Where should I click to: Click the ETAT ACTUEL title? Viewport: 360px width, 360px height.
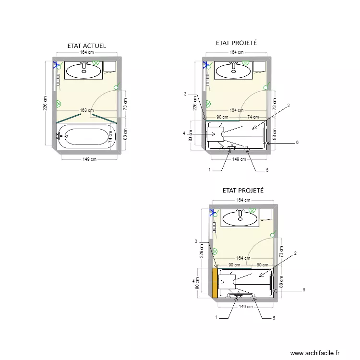87,46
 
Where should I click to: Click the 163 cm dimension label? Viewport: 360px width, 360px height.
87,110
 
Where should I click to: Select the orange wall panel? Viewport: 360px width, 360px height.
215,283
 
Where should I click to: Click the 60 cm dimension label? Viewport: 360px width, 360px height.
262,264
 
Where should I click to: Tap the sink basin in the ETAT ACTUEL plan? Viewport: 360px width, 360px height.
84,72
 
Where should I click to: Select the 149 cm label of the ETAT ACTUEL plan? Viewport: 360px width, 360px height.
87,159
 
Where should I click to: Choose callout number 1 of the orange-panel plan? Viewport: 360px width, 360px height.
216,317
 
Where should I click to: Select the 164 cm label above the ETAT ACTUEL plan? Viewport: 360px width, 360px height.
87,52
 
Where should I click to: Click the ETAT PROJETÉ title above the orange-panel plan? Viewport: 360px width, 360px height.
243,190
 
